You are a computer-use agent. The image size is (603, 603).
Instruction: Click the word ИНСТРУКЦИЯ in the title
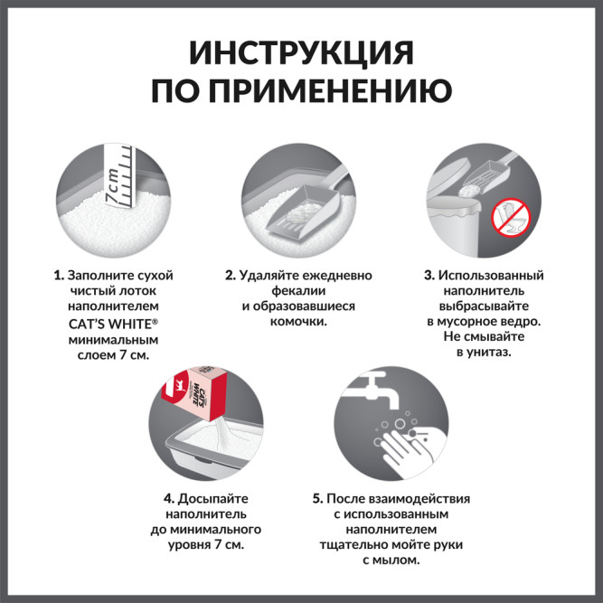[301, 52]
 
